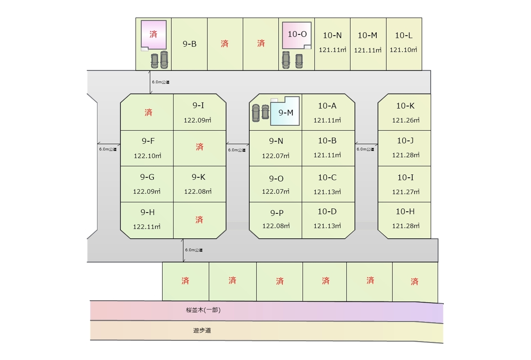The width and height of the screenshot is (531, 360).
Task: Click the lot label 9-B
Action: coord(190,44)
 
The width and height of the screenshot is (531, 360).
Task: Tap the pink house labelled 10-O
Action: coord(297,34)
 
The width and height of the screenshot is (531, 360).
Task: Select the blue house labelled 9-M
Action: coord(286,113)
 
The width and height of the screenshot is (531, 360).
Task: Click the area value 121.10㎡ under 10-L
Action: coord(403,50)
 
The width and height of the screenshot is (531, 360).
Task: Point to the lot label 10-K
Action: coord(405,106)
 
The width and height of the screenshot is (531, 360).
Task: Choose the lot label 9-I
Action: coord(198,105)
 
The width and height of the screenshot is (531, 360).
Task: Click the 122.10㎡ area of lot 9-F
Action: coord(147,156)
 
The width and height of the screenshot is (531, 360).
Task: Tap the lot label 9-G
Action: coord(147,177)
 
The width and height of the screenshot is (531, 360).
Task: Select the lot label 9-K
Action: coord(198,177)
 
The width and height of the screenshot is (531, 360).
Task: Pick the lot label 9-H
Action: coord(147,213)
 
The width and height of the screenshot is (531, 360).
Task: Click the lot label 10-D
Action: coord(327,212)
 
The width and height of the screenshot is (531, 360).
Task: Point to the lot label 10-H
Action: coord(405,212)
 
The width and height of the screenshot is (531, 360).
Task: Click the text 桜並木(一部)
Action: coord(201,310)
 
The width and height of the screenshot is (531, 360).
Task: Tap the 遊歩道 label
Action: coord(202,331)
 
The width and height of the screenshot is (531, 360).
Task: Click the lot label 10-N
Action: coord(332,36)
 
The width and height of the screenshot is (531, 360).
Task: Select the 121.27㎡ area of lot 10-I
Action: coord(406,192)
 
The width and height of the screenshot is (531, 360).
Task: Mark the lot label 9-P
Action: coord(277,213)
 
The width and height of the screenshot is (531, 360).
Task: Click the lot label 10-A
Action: coord(327,106)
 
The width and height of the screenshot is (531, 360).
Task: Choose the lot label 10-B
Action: coord(327,141)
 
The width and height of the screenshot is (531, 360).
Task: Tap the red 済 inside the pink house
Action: coord(153,34)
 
